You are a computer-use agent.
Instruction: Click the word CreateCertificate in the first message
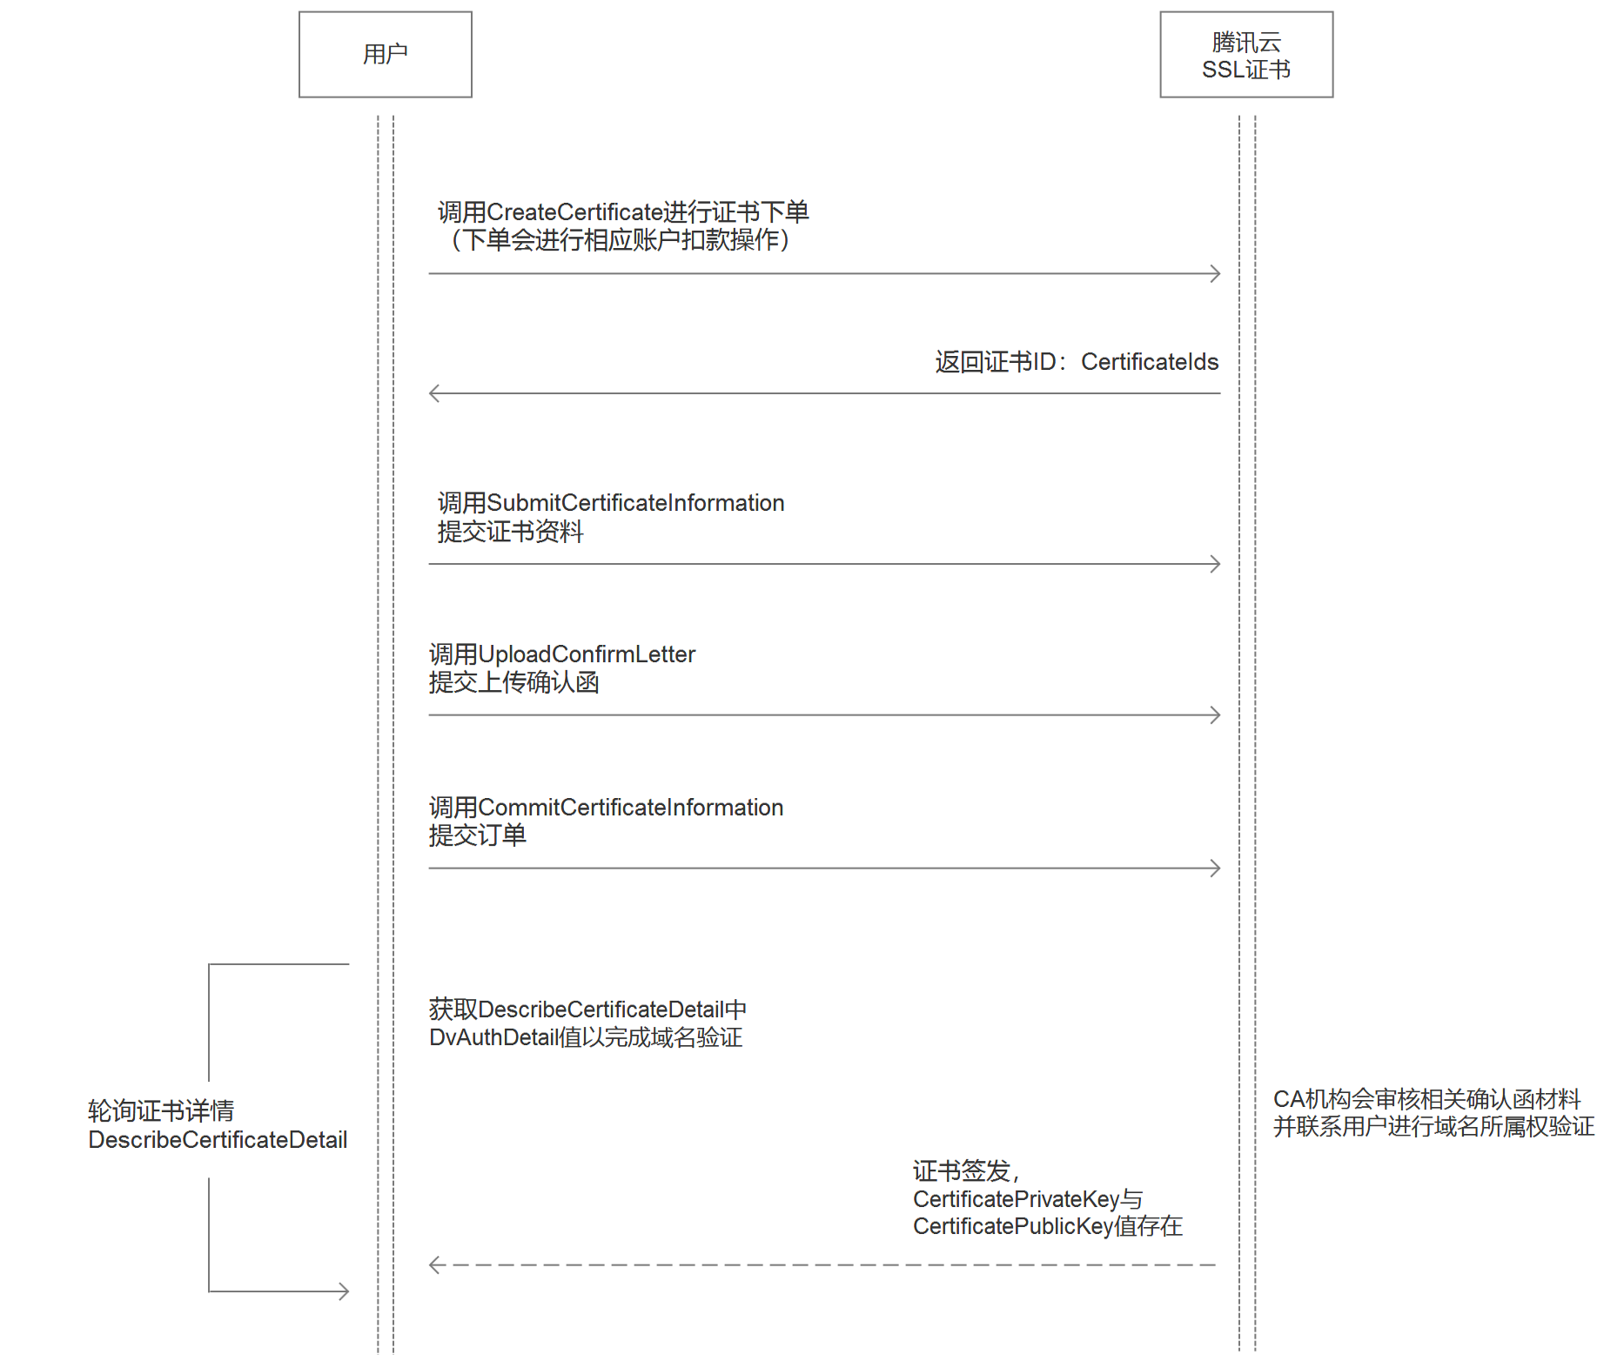[x=575, y=212]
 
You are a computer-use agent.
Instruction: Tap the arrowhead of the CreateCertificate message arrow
[x=1215, y=274]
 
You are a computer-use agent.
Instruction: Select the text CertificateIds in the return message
[x=1150, y=362]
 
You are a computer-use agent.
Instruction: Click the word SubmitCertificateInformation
[x=635, y=503]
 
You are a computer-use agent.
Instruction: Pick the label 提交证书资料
[x=510, y=532]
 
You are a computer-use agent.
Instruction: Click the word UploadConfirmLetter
[x=587, y=654]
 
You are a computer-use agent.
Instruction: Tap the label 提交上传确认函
[x=513, y=682]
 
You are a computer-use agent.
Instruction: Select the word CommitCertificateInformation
[x=631, y=808]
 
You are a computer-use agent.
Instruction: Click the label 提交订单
[x=477, y=835]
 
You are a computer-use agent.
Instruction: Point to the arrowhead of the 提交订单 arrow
[x=1215, y=868]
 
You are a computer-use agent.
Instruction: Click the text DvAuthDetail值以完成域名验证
[x=586, y=1037]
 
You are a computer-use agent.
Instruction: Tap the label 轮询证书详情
[x=161, y=1111]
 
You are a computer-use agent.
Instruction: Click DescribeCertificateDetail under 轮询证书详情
[x=218, y=1140]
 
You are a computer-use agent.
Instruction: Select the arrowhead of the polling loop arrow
[x=344, y=1291]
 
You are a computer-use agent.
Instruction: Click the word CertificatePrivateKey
[x=1016, y=1199]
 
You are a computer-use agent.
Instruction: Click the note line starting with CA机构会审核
[x=1427, y=1099]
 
